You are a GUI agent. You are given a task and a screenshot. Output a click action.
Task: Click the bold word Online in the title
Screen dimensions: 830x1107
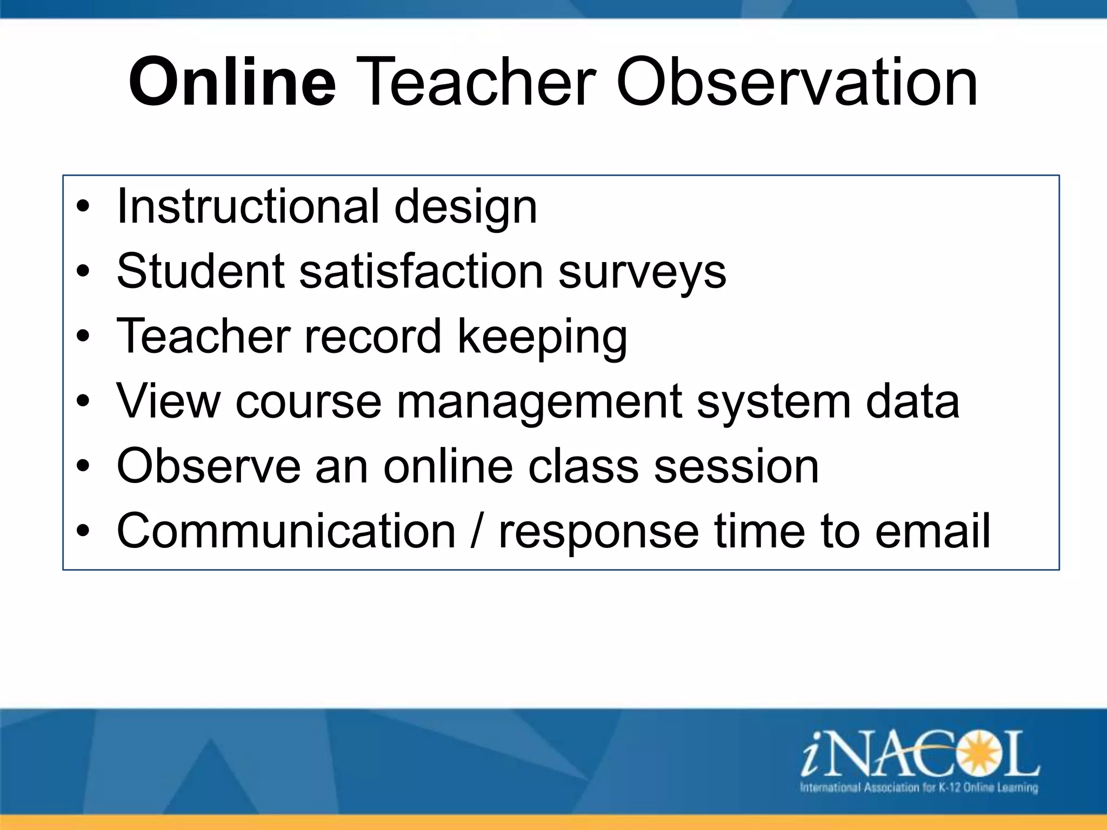(232, 83)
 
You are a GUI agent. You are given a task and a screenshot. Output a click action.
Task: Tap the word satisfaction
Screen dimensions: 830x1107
(421, 271)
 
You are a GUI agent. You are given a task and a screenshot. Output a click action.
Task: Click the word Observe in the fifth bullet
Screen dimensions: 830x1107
(209, 466)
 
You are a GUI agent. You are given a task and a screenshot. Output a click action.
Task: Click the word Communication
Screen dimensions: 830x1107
(286, 531)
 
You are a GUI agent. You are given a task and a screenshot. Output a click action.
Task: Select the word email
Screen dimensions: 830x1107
(932, 531)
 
